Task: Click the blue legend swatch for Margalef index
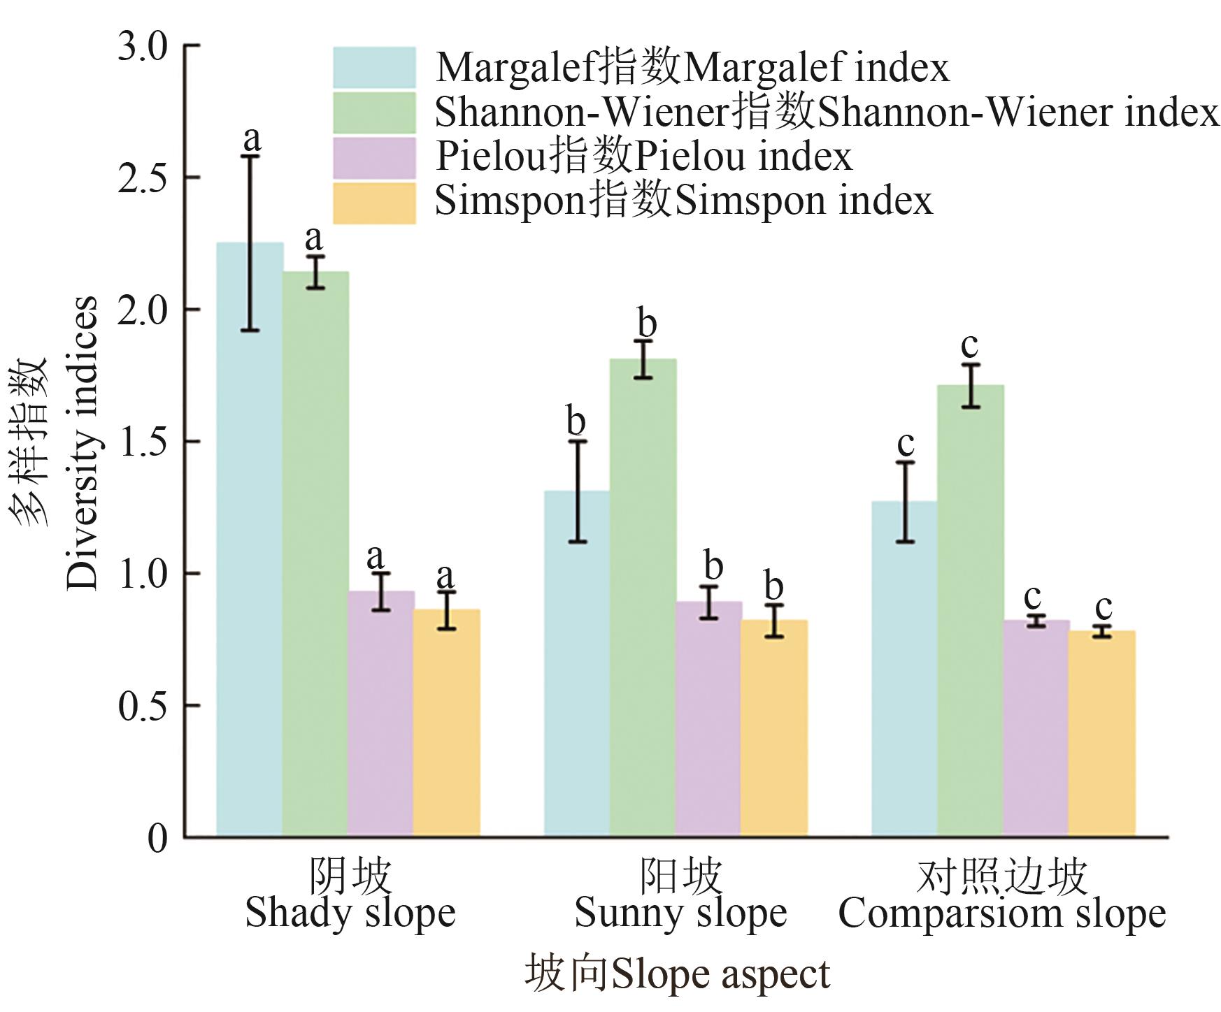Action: pos(374,67)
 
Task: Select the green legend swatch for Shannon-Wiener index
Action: pos(374,112)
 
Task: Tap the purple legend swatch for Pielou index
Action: pos(374,157)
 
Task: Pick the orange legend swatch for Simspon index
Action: pos(374,203)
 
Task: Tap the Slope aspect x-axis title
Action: pos(677,974)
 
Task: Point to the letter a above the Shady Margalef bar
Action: pos(252,138)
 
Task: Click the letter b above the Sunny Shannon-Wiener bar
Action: pos(647,323)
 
